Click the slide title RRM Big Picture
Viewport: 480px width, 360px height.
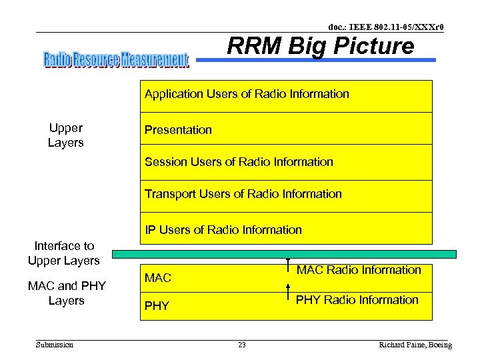[320, 46]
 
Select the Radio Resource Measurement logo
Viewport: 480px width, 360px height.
[116, 60]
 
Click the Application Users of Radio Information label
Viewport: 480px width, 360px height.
[247, 94]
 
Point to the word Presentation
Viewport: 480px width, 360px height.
[178, 130]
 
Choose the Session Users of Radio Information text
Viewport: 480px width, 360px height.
[239, 162]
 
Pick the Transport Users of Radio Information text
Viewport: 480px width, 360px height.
[243, 194]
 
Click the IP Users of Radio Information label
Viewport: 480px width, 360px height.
[223, 230]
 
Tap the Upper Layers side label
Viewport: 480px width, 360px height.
[65, 135]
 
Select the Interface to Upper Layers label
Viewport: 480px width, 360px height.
[64, 253]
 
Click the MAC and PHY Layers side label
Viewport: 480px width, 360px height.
[67, 293]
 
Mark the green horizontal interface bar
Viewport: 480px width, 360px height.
[284, 254]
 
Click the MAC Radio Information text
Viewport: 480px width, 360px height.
[359, 270]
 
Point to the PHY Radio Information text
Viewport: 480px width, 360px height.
[357, 300]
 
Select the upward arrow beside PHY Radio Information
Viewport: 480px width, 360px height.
[287, 293]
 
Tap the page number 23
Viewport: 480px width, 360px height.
[242, 345]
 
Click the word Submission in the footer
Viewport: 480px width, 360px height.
[55, 345]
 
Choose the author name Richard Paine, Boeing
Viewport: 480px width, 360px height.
[415, 345]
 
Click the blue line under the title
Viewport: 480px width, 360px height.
[317, 60]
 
